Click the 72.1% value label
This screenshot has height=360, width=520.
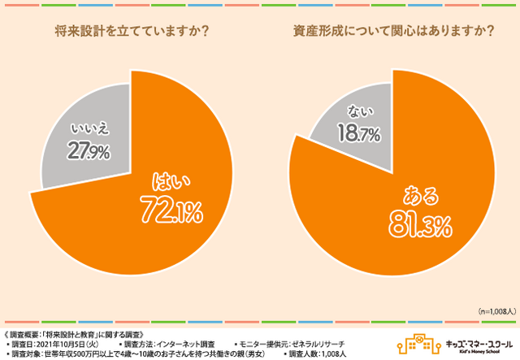point(171,214)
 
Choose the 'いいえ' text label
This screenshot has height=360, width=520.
point(85,128)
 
